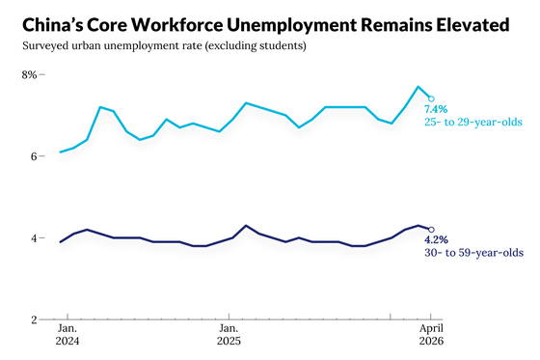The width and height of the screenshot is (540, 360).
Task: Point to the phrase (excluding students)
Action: coord(256,46)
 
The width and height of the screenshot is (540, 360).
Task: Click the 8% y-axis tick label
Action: coord(29,75)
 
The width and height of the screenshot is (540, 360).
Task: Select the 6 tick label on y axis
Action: coord(34,156)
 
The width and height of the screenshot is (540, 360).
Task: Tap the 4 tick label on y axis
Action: coord(34,238)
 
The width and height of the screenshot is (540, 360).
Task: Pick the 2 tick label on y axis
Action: coord(34,319)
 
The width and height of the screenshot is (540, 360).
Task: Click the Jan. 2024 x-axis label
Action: coord(67,335)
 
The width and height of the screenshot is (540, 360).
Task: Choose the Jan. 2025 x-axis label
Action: coord(229,335)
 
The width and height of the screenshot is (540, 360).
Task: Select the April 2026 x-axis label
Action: coord(431,335)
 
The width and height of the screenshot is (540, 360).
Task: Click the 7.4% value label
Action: coord(436,109)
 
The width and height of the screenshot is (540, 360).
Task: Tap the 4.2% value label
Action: coord(436,239)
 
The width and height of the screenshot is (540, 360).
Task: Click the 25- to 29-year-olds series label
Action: coord(473,122)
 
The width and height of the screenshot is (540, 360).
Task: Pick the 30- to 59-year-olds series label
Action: coord(473,253)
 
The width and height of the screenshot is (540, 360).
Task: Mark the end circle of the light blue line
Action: coord(431,99)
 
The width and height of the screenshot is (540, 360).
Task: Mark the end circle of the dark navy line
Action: coord(431,230)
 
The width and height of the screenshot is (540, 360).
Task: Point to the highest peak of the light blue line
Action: coord(418,87)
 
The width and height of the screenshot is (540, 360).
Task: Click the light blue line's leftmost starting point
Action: coord(61,152)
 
